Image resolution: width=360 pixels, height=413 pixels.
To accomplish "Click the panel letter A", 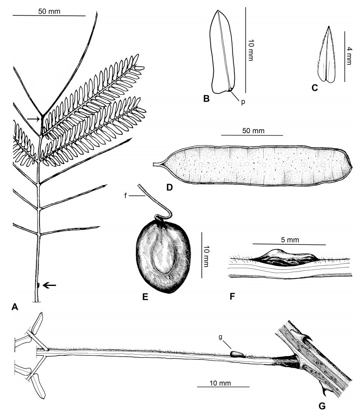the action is tap(15, 307).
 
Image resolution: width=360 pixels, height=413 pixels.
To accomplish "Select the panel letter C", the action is tap(315, 88).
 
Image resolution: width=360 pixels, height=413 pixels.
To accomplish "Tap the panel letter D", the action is tap(170, 187).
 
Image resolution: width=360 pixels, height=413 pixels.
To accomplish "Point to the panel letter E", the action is tap(145, 297).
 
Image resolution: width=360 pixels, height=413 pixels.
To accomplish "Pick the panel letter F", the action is tap(232, 296).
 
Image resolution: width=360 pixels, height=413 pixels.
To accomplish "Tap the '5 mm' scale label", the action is tap(290, 240).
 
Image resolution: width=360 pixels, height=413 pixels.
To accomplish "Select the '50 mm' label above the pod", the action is tap(253, 131).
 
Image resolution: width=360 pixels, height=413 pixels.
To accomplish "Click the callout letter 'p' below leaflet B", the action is tap(243, 102).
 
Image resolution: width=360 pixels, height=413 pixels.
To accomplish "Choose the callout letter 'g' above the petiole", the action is tap(221, 337).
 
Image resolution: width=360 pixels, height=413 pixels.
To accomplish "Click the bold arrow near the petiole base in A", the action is tap(50, 285).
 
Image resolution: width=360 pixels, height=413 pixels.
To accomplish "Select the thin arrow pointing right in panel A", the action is tap(33, 119).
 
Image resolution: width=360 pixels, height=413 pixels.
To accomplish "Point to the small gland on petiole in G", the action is tap(238, 354).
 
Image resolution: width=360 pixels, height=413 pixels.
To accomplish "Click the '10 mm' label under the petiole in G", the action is tap(220, 383).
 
